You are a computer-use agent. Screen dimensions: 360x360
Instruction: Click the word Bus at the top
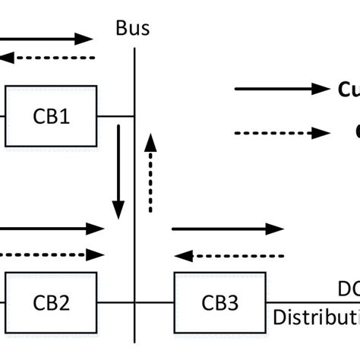click(133, 30)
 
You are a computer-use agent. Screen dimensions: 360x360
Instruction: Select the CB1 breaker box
click(51, 116)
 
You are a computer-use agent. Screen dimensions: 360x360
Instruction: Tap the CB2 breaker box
click(51, 302)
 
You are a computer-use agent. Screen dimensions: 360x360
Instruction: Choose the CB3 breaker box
click(220, 302)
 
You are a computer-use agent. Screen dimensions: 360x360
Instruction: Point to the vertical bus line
click(134, 190)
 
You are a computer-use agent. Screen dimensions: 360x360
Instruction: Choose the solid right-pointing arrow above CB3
click(228, 228)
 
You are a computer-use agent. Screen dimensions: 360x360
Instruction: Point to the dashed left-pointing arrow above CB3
click(228, 255)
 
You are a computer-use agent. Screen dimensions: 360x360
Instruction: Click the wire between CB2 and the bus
click(115, 302)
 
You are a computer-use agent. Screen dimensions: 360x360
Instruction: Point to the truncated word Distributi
click(316, 317)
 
